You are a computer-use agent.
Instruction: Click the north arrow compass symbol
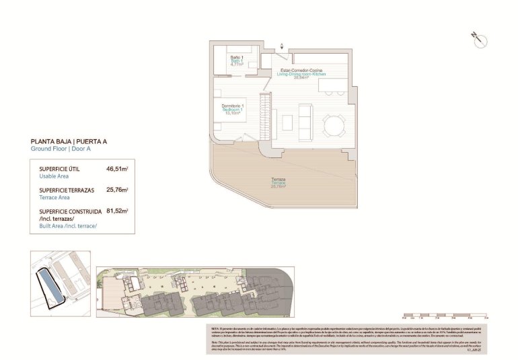479,40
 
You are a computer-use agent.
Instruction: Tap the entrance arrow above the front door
282,46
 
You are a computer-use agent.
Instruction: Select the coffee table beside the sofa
287,123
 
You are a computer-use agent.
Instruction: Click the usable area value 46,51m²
117,170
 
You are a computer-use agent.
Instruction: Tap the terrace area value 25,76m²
117,190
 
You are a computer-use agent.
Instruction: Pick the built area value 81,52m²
117,211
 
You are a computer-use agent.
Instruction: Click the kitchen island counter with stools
338,88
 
